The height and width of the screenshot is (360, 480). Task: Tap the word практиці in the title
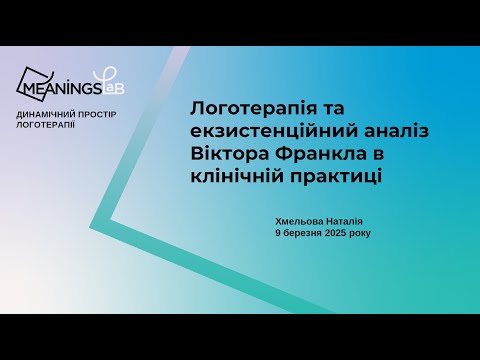click(327, 175)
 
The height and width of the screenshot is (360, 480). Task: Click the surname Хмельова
click(298, 221)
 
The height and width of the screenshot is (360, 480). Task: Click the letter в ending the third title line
click(379, 153)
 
